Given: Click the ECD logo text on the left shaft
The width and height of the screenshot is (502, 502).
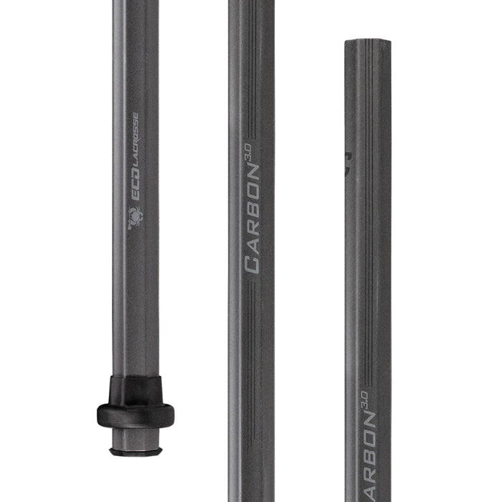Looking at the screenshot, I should tap(135, 191).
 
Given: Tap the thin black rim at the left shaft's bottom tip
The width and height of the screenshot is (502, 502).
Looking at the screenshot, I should tap(136, 452).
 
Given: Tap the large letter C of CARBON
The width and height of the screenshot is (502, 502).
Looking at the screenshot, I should tap(253, 264).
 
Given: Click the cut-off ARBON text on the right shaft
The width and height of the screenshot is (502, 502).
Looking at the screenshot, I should tap(369, 459).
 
